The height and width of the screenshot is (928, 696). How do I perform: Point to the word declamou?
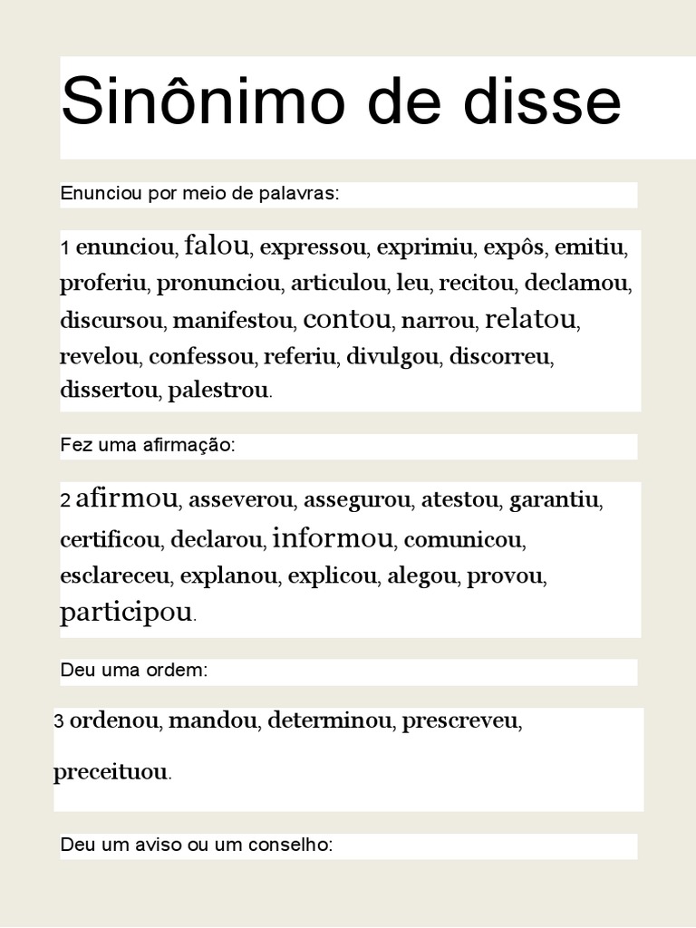pyautogui.click(x=576, y=283)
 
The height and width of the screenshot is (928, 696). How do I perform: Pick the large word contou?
pyautogui.click(x=347, y=319)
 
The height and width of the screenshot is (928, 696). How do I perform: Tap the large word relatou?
pyautogui.click(x=530, y=319)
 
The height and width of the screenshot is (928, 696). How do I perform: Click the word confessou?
pyautogui.click(x=201, y=356)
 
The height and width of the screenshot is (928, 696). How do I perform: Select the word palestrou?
pyautogui.click(x=218, y=391)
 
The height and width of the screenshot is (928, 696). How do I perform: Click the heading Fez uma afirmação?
pyautogui.click(x=148, y=445)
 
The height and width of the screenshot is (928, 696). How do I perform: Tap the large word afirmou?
pyautogui.click(x=128, y=498)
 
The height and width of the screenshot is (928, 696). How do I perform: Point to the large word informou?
pyautogui.click(x=333, y=538)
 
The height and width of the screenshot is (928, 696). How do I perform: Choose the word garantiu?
pyautogui.click(x=556, y=499)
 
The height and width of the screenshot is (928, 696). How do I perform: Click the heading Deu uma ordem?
pyautogui.click(x=134, y=672)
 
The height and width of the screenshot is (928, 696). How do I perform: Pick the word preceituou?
pyautogui.click(x=111, y=772)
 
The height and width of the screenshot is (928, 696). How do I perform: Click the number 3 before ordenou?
pyautogui.click(x=59, y=722)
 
